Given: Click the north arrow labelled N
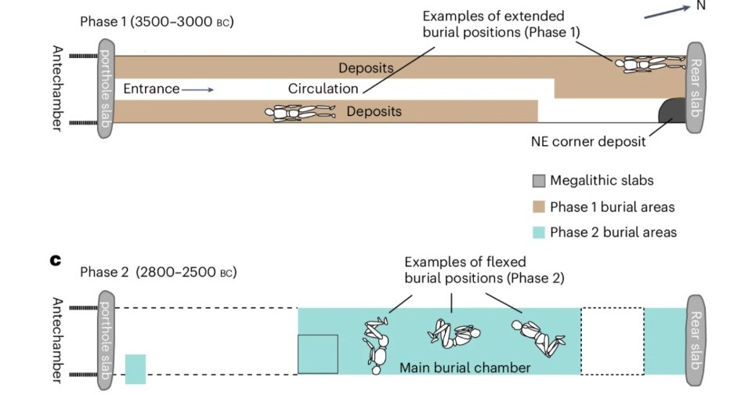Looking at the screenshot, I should coord(664,11).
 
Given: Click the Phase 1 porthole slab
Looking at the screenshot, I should coord(107,89).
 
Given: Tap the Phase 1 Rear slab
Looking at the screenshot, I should coord(698,89).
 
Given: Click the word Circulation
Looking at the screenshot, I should coord(323,89).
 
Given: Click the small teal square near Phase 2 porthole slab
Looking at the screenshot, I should coord(136,369).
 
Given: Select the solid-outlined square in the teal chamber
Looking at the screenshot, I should coord(318,353).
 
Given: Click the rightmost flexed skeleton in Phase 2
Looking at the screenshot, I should coord(538,338).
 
